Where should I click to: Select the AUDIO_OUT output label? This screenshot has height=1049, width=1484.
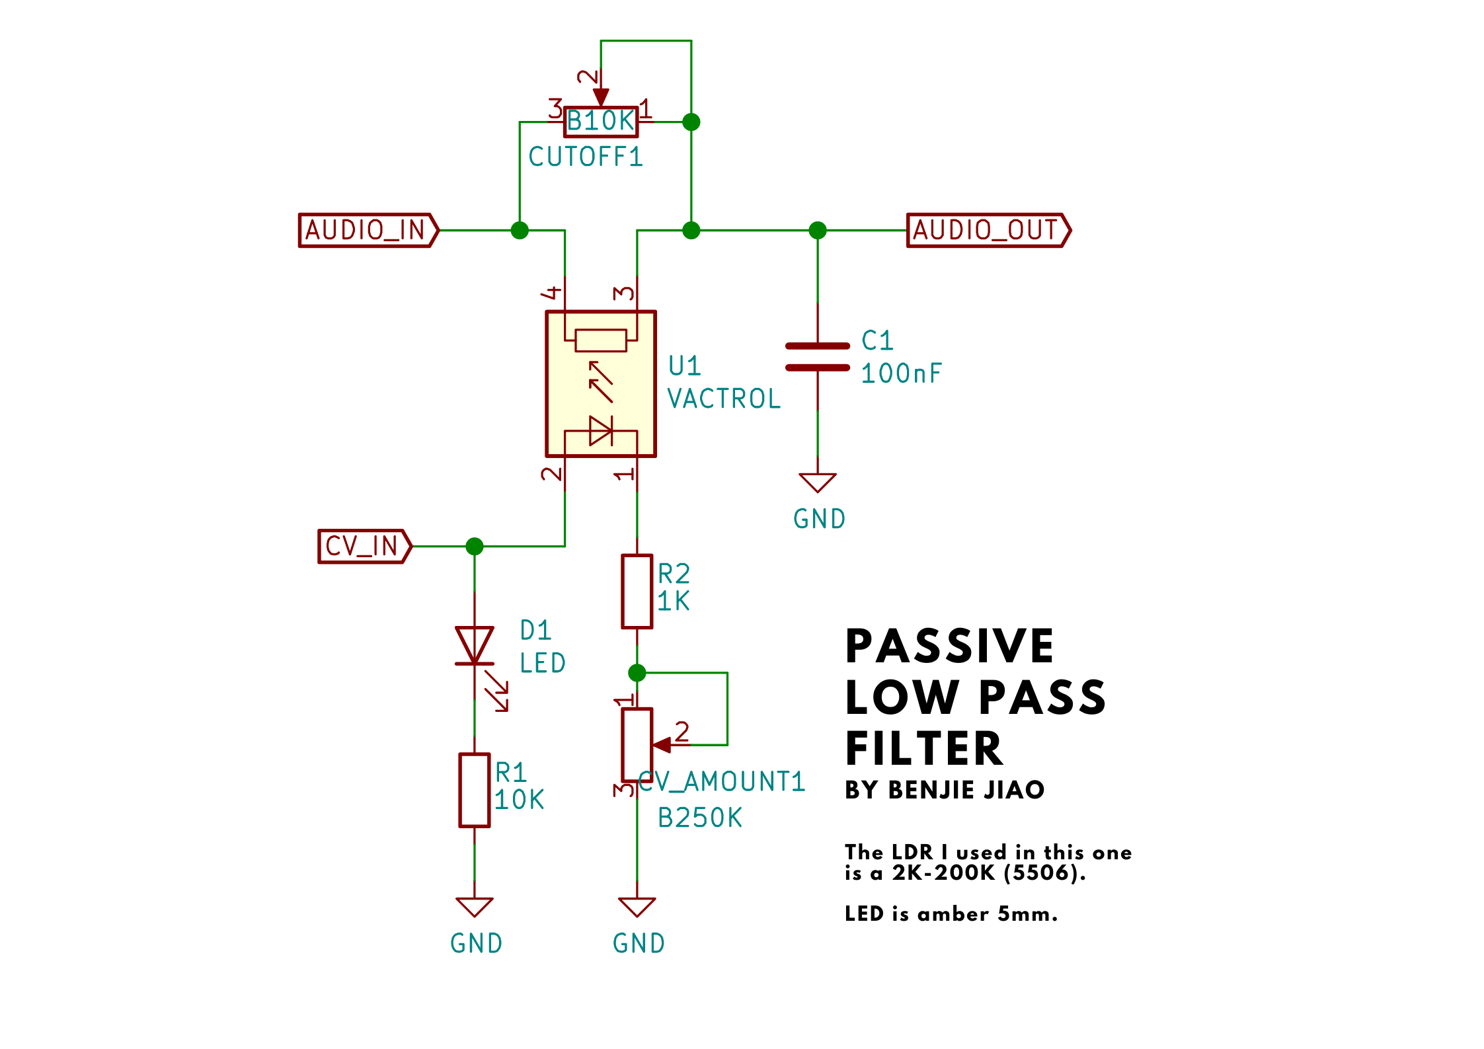pyautogui.click(x=989, y=230)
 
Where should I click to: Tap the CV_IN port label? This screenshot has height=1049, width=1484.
pyautogui.click(x=365, y=547)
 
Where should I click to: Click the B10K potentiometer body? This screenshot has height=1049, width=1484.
pyautogui.click(x=601, y=122)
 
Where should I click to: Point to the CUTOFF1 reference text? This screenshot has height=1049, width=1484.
pyautogui.click(x=586, y=157)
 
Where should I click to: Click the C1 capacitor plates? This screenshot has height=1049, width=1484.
pyautogui.click(x=818, y=357)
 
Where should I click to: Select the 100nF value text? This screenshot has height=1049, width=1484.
pyautogui.click(x=901, y=373)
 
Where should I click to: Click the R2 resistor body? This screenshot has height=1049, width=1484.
pyautogui.click(x=637, y=592)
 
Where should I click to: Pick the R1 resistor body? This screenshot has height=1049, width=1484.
pyautogui.click(x=475, y=790)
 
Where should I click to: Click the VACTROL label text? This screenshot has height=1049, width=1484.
pyautogui.click(x=724, y=399)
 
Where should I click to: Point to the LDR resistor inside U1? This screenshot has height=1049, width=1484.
pyautogui.click(x=601, y=340)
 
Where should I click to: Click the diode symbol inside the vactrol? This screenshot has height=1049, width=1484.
pyautogui.click(x=601, y=431)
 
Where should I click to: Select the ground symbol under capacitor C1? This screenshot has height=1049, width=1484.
pyautogui.click(x=818, y=483)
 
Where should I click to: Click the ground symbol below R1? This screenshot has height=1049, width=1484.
pyautogui.click(x=475, y=907)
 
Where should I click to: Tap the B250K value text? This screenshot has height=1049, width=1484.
pyautogui.click(x=700, y=818)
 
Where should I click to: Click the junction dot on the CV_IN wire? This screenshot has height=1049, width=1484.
pyautogui.click(x=475, y=547)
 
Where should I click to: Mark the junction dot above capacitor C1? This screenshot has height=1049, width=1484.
pyautogui.click(x=818, y=230)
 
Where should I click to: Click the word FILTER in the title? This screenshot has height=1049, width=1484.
pyautogui.click(x=924, y=749)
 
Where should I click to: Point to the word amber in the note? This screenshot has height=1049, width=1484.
pyautogui.click(x=951, y=914)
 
